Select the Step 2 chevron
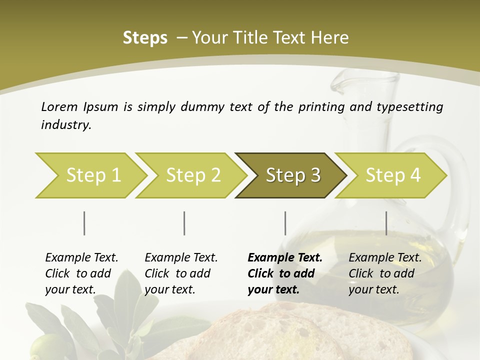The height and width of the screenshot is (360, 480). tap(192, 175)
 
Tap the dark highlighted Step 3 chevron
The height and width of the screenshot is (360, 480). tap(292, 175)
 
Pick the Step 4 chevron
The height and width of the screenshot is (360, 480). tap(392, 175)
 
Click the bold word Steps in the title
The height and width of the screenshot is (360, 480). tap(145, 37)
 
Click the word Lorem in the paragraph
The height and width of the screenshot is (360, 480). tap(59, 106)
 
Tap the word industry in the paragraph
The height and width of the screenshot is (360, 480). tap(65, 125)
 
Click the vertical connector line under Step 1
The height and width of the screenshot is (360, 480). tap(84, 223)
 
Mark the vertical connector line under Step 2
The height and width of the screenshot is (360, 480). tap(184, 223)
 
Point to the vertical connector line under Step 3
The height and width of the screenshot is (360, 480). tap(285, 223)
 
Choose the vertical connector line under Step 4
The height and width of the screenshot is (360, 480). tap(386, 223)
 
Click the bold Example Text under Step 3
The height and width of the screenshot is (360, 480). tap(285, 258)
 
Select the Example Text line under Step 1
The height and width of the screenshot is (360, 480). tap(81, 258)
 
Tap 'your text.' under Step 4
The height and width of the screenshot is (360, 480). tap(374, 289)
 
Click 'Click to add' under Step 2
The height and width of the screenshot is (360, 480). tap(177, 273)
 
